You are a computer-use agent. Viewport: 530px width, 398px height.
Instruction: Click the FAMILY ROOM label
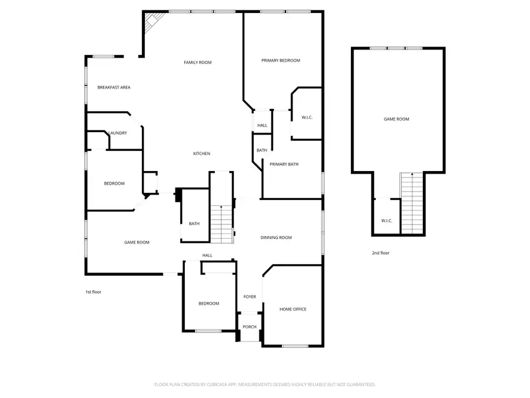tap(197, 63)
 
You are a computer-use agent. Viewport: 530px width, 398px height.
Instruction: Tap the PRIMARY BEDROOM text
tap(281, 61)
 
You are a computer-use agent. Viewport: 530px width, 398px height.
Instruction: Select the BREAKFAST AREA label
tap(114, 87)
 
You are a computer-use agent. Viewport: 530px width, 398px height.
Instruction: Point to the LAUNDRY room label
tap(117, 133)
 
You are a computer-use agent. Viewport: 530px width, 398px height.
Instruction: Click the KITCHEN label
tap(201, 154)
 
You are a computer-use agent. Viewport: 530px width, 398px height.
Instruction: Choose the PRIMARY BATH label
tap(284, 165)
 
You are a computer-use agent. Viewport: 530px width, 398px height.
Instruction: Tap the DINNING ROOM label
tap(276, 238)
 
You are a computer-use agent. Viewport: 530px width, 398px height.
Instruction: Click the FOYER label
tap(250, 297)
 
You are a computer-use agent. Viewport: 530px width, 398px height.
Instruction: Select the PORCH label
tap(250, 327)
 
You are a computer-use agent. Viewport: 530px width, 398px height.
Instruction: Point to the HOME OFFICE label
tap(293, 310)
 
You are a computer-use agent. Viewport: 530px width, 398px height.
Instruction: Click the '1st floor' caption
tap(93, 292)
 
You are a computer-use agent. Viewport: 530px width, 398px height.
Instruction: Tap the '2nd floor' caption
tap(380, 253)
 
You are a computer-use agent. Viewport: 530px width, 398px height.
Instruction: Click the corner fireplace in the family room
tap(151, 22)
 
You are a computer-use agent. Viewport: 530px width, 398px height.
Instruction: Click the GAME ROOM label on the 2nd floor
tap(396, 119)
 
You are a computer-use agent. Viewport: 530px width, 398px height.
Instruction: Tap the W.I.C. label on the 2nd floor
tap(386, 221)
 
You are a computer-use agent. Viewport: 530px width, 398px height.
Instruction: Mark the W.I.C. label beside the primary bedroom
tap(307, 118)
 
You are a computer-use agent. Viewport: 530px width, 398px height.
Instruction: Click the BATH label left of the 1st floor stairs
tap(194, 223)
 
